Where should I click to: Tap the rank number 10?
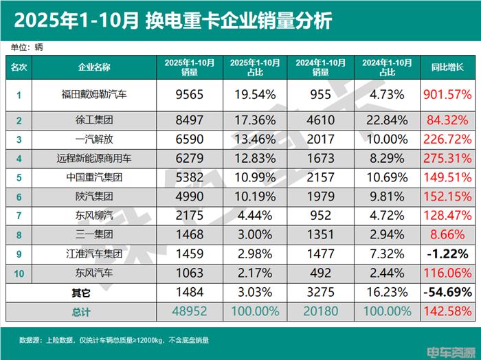(x=19, y=273)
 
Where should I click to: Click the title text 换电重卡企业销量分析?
(x=238, y=21)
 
